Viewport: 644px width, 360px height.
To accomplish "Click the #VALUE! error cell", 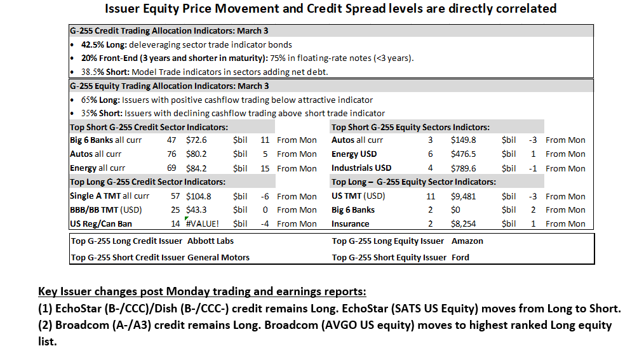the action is [x=203, y=223].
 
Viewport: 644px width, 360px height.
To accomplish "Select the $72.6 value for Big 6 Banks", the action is [x=196, y=140].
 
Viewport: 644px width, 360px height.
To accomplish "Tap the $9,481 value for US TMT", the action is [x=463, y=196].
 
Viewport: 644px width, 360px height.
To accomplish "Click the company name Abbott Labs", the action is [x=210, y=241].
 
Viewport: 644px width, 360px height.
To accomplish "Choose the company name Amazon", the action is [x=467, y=241].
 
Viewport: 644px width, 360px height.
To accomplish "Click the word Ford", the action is [x=460, y=257].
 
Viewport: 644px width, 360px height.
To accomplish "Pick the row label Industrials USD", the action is [x=361, y=168].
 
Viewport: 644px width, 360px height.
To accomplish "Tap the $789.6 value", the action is [x=463, y=168].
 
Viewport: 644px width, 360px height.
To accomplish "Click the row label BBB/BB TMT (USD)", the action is [x=105, y=210].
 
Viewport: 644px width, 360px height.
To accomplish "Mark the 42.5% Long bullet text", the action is [x=187, y=44].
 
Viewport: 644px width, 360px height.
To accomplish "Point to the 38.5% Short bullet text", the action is [x=205, y=72].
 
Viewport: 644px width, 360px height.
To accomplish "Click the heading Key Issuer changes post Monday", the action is [x=202, y=291].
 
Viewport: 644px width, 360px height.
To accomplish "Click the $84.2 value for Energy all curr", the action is [x=196, y=168].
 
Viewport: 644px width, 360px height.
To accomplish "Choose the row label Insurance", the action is [x=351, y=223].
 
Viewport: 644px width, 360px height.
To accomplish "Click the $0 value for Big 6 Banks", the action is [x=455, y=210].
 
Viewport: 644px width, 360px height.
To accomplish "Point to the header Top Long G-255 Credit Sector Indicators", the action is [x=147, y=182].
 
